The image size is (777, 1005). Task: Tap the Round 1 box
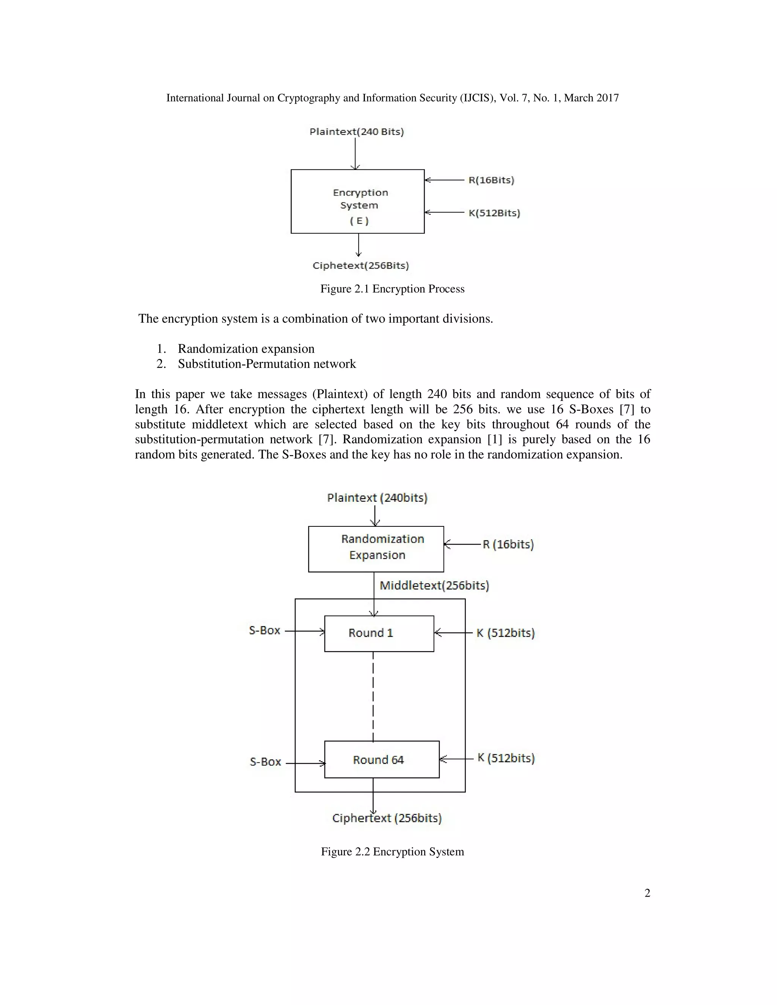[x=379, y=633]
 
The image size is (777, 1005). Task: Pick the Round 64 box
[x=382, y=759]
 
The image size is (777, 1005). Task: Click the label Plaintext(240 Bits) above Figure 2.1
[x=356, y=132]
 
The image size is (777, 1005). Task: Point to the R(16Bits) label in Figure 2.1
[x=491, y=180]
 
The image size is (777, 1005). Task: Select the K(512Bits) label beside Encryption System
[x=494, y=213]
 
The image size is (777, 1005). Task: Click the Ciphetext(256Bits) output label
[x=360, y=265]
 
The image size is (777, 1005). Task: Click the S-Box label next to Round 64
[x=265, y=762]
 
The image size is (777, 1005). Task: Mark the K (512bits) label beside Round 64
[x=505, y=758]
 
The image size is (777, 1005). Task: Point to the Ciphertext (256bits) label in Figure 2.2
[x=387, y=818]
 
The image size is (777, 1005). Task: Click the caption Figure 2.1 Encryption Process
[x=392, y=289]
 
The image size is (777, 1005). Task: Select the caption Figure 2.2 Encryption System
[x=392, y=851]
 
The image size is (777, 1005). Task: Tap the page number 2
[x=647, y=893]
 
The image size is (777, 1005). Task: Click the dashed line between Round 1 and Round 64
[x=373, y=696]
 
